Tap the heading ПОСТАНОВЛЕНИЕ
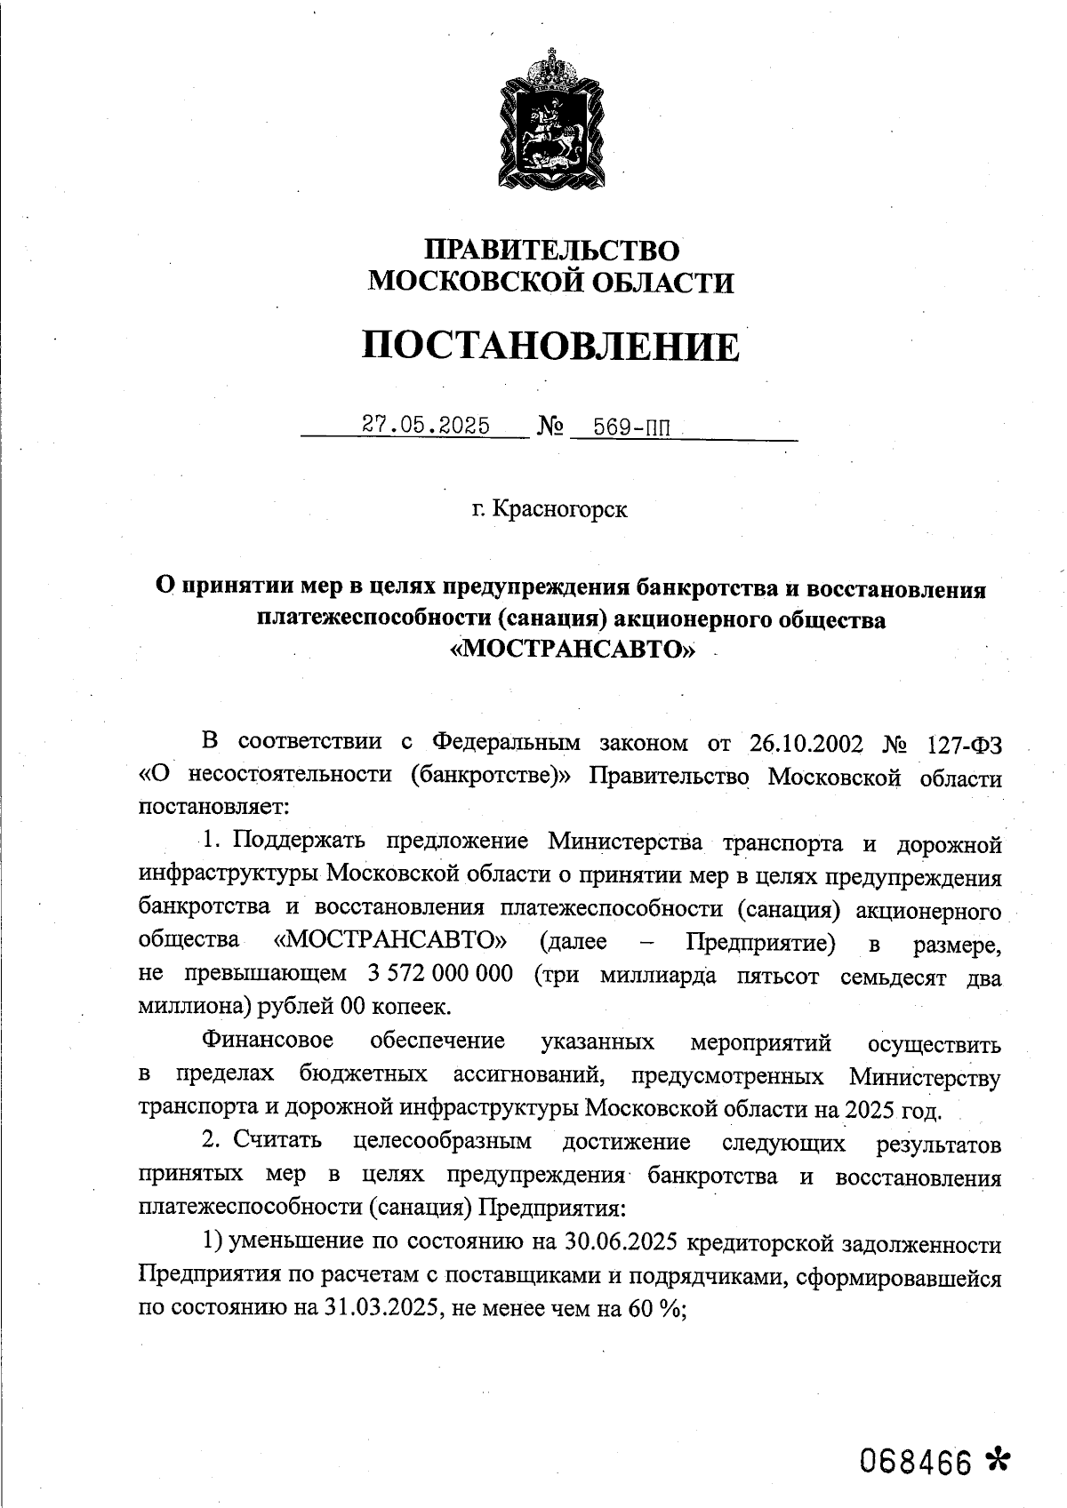[550, 346]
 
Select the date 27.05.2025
[426, 426]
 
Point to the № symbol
[551, 427]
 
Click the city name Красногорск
[560, 510]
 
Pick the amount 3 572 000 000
[440, 973]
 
